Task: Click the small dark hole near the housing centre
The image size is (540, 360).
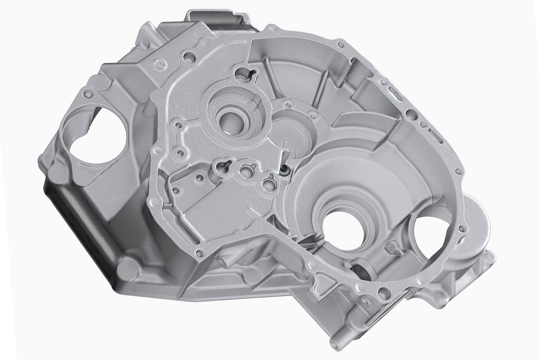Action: (x=285, y=170)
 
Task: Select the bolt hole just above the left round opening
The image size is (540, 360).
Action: (x=89, y=94)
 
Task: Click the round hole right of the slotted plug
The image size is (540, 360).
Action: (x=187, y=54)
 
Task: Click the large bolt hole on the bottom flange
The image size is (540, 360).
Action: (x=384, y=295)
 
